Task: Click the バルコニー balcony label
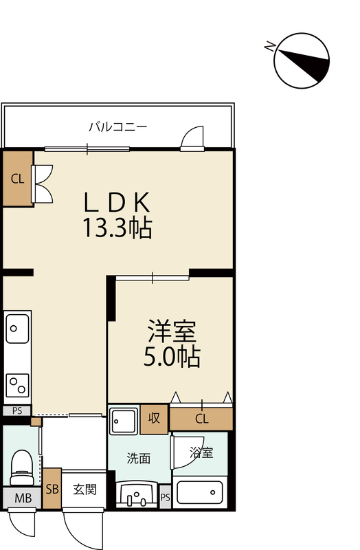[117, 126]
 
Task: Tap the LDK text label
[117, 202]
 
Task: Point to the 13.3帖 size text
[117, 228]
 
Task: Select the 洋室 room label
[172, 331]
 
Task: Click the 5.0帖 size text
[172, 357]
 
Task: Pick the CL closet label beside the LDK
[18, 179]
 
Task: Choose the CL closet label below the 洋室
[201, 419]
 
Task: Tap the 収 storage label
[154, 418]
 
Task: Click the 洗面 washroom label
[139, 458]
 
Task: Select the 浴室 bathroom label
[201, 452]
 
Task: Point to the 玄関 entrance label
[85, 489]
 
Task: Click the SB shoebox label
[52, 489]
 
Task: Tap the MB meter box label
[23, 497]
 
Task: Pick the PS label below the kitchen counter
[16, 410]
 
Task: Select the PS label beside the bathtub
[166, 497]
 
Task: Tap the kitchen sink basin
[17, 329]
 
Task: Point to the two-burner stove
[17, 385]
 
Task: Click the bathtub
[200, 493]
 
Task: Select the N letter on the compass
[269, 46]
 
